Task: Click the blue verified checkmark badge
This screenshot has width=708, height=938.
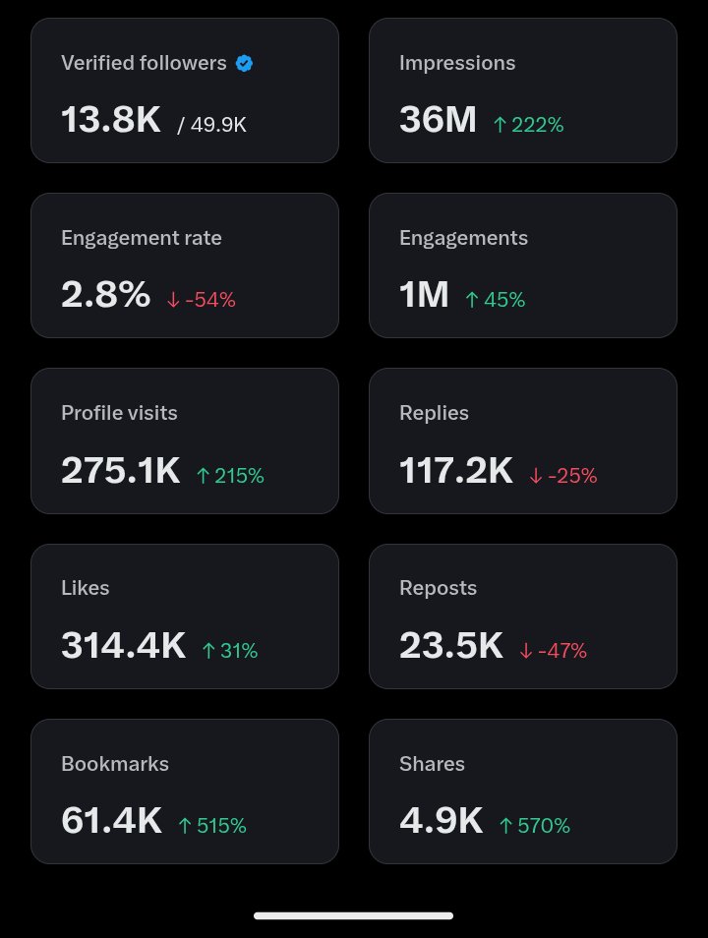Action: click(245, 63)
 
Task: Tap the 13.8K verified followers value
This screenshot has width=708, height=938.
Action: click(110, 120)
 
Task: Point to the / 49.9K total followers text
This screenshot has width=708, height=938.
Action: click(211, 124)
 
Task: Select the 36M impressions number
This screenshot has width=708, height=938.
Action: click(438, 120)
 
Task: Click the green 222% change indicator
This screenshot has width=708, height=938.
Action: click(528, 124)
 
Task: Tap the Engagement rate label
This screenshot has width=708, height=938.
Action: click(142, 238)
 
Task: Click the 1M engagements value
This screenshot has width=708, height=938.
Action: click(424, 295)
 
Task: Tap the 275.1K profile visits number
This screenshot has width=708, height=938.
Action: click(121, 471)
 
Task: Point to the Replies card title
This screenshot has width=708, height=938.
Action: click(434, 413)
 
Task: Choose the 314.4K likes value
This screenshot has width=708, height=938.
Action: click(123, 646)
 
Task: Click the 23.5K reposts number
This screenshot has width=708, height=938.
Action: click(450, 646)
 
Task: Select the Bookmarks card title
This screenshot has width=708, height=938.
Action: click(115, 764)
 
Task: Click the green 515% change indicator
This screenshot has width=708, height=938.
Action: click(211, 825)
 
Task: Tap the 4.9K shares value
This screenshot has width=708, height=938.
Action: click(441, 821)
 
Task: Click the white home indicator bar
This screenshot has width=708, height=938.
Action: click(354, 915)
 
